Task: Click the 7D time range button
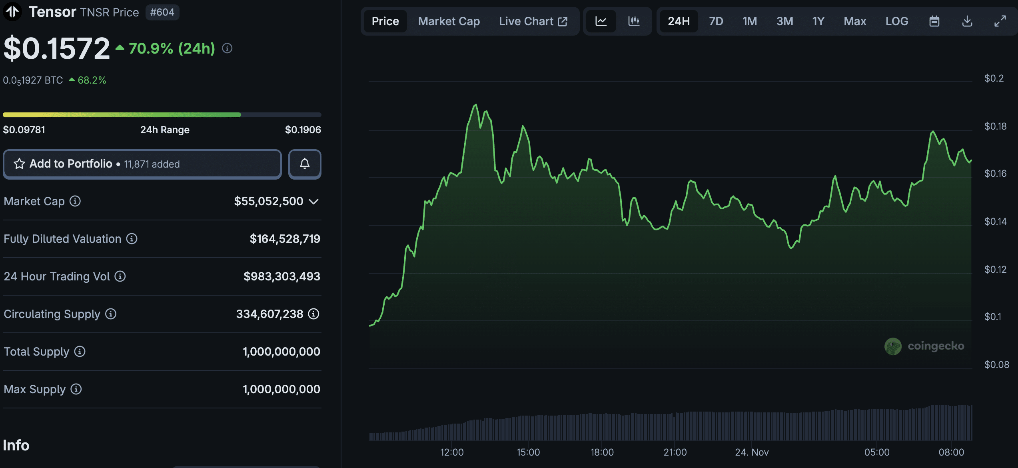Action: pyautogui.click(x=716, y=21)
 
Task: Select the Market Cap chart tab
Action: pyautogui.click(x=449, y=21)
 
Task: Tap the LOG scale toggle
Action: pyautogui.click(x=896, y=21)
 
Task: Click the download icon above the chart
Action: pyautogui.click(x=967, y=21)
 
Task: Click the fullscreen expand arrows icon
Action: pyautogui.click(x=1000, y=21)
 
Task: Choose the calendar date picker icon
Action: pyautogui.click(x=934, y=21)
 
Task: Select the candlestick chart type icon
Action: pyautogui.click(x=634, y=21)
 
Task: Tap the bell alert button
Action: pyautogui.click(x=305, y=164)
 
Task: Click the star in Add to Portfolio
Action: pyautogui.click(x=19, y=164)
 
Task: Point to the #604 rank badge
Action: pyautogui.click(x=162, y=12)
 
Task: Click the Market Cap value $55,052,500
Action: pyautogui.click(x=268, y=201)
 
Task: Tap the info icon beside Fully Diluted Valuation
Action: pyautogui.click(x=132, y=239)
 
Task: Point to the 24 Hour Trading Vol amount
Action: pyautogui.click(x=281, y=276)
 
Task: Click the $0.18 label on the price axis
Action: pyautogui.click(x=995, y=126)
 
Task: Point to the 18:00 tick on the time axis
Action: pyautogui.click(x=602, y=452)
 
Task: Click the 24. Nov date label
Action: pyautogui.click(x=751, y=452)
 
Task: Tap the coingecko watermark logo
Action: pyautogui.click(x=893, y=346)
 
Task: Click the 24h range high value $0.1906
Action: pyautogui.click(x=303, y=130)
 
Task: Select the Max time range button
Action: pyautogui.click(x=854, y=21)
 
